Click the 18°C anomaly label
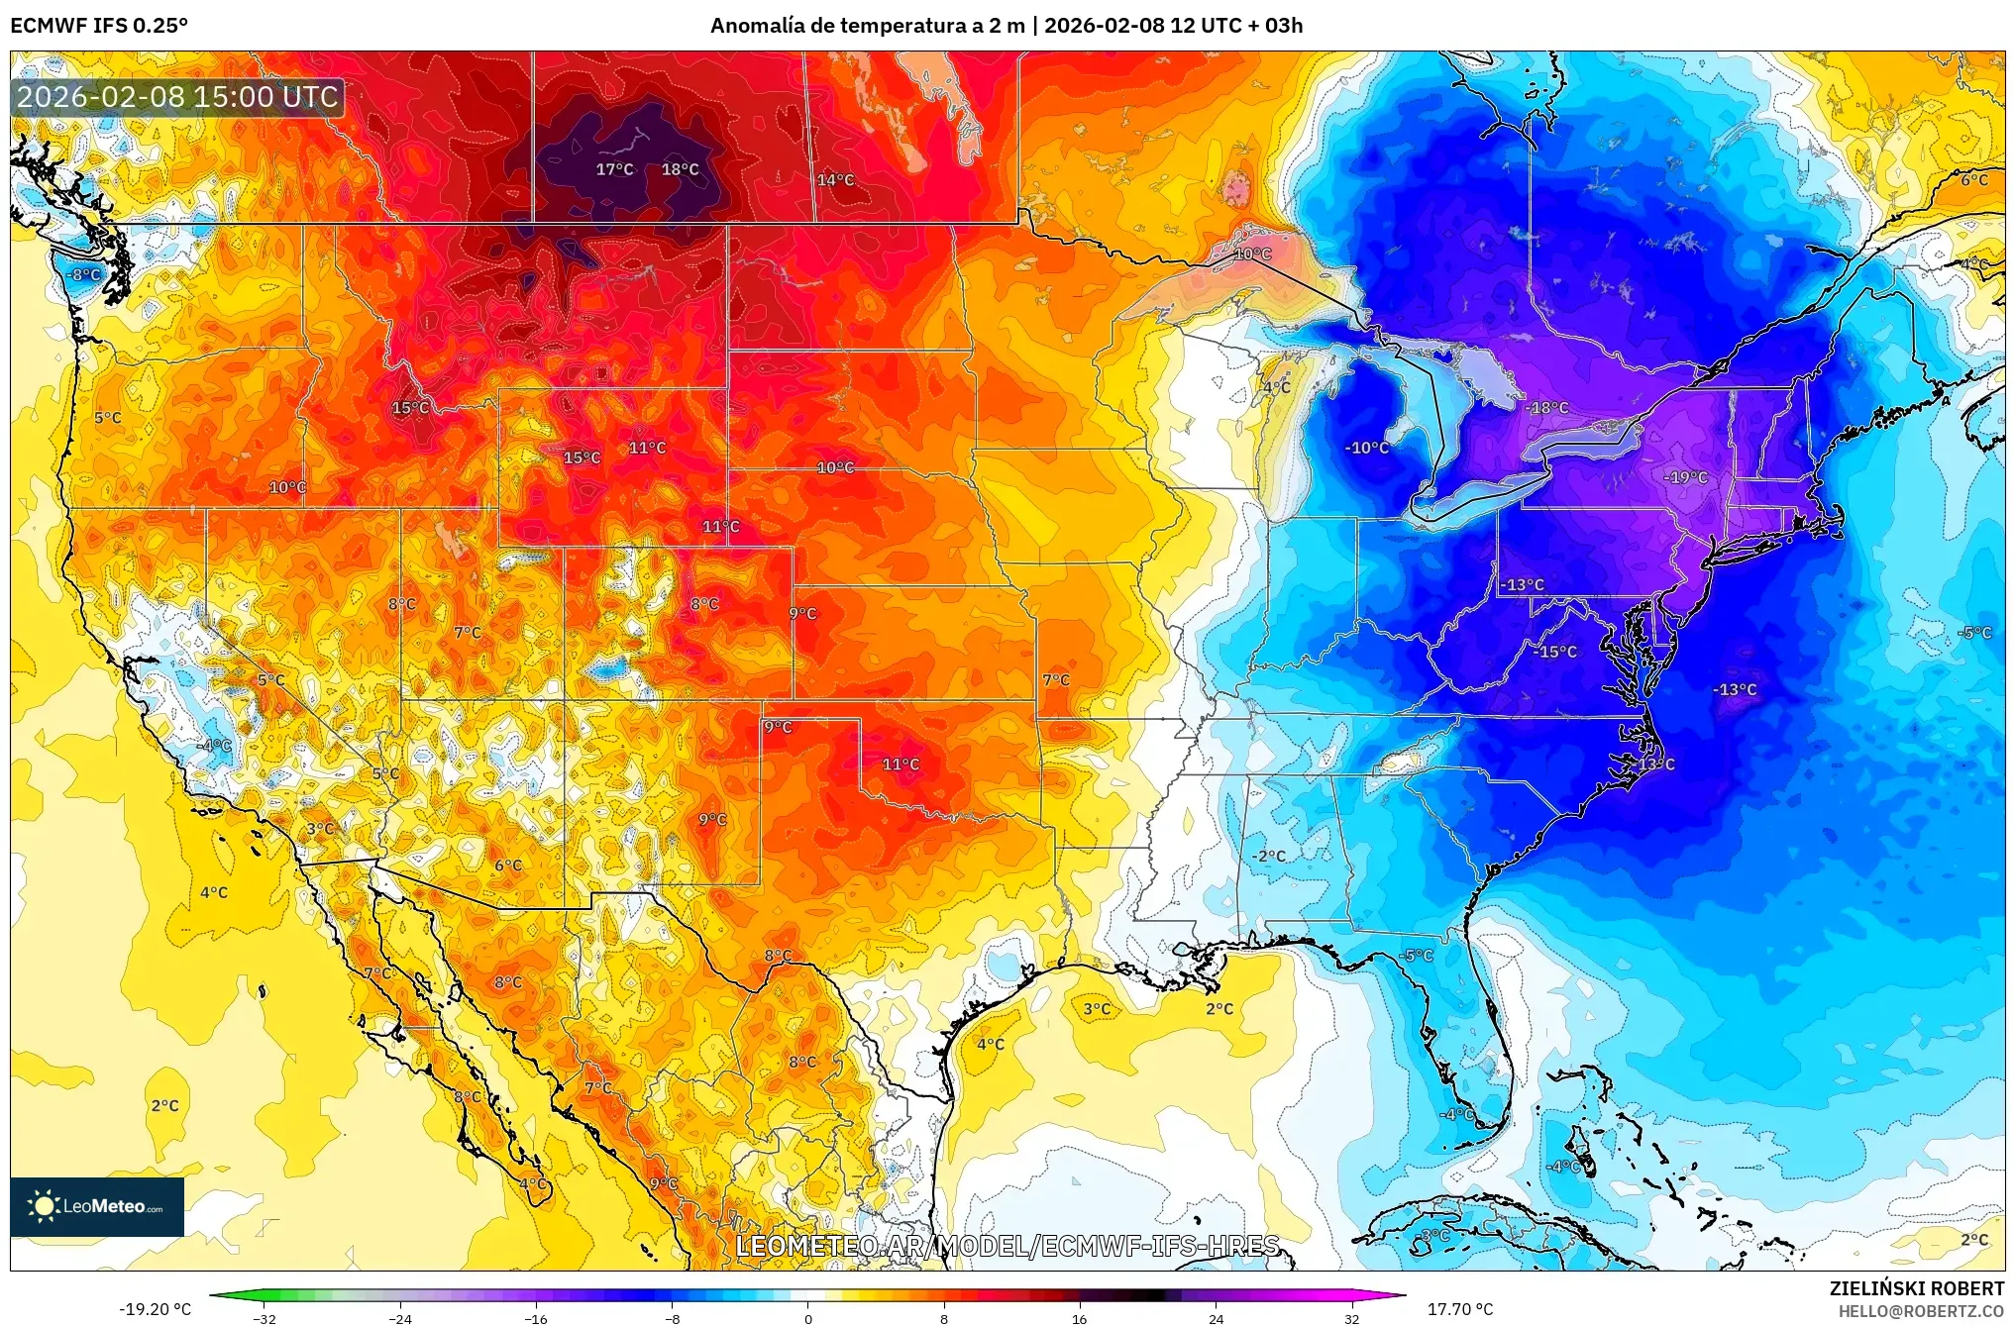pos(680,169)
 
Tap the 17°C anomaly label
pos(614,169)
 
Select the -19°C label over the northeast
pos(1685,477)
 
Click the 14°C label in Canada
pos(835,180)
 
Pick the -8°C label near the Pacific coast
pos(84,274)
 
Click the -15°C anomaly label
pos(1554,652)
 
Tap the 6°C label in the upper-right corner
pos(1974,179)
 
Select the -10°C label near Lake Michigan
pos(1366,448)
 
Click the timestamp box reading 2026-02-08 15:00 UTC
pos(178,97)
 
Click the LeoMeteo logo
pos(97,1206)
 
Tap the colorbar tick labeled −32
pos(265,1318)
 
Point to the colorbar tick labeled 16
pos(1079,1318)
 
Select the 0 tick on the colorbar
pos(808,1318)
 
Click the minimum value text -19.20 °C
pos(156,1309)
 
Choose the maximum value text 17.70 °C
pos(1459,1309)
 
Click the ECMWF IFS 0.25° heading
pos(99,26)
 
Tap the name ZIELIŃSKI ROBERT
pos(1916,1288)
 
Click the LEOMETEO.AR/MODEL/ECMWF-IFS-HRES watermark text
pos(1007,1246)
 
